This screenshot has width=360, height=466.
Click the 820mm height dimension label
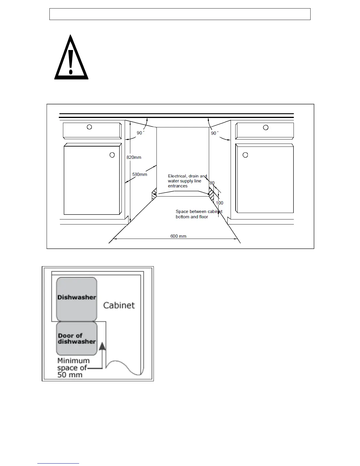pyautogui.click(x=134, y=157)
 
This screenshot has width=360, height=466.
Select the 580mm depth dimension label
pyautogui.click(x=140, y=174)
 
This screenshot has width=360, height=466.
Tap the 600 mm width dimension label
pyautogui.click(x=178, y=236)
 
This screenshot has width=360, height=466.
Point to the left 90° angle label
pyautogui.click(x=140, y=133)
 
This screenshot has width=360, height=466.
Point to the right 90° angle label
pyautogui.click(x=215, y=133)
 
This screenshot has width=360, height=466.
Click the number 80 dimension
pyautogui.click(x=212, y=183)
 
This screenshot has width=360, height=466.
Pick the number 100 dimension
pyautogui.click(x=219, y=203)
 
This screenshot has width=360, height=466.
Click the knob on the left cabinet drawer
pyautogui.click(x=89, y=127)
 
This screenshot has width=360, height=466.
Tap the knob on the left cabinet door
pyautogui.click(x=112, y=155)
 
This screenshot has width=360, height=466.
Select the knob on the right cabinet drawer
pyautogui.click(x=266, y=127)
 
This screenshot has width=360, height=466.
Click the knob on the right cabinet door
pyautogui.click(x=245, y=155)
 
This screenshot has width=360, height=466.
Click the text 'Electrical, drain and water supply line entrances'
pyautogui.click(x=187, y=181)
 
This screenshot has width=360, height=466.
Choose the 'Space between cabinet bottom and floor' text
pyautogui.click(x=199, y=214)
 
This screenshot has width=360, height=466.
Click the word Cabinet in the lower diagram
pyautogui.click(x=119, y=305)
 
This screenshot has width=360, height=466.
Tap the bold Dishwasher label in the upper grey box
pyautogui.click(x=77, y=297)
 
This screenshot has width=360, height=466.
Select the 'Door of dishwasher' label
pyautogui.click(x=76, y=339)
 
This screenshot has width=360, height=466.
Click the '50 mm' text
pyautogui.click(x=70, y=375)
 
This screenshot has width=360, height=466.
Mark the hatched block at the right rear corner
pyautogui.click(x=211, y=194)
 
